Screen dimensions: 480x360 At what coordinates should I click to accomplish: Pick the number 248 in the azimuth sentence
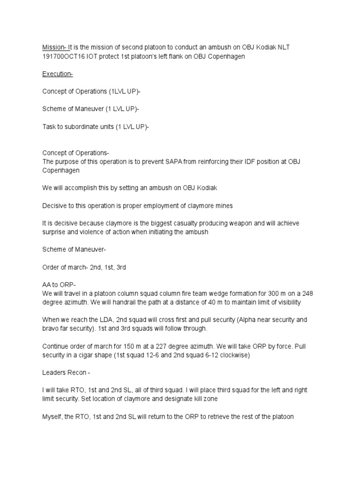pos(308,294)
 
